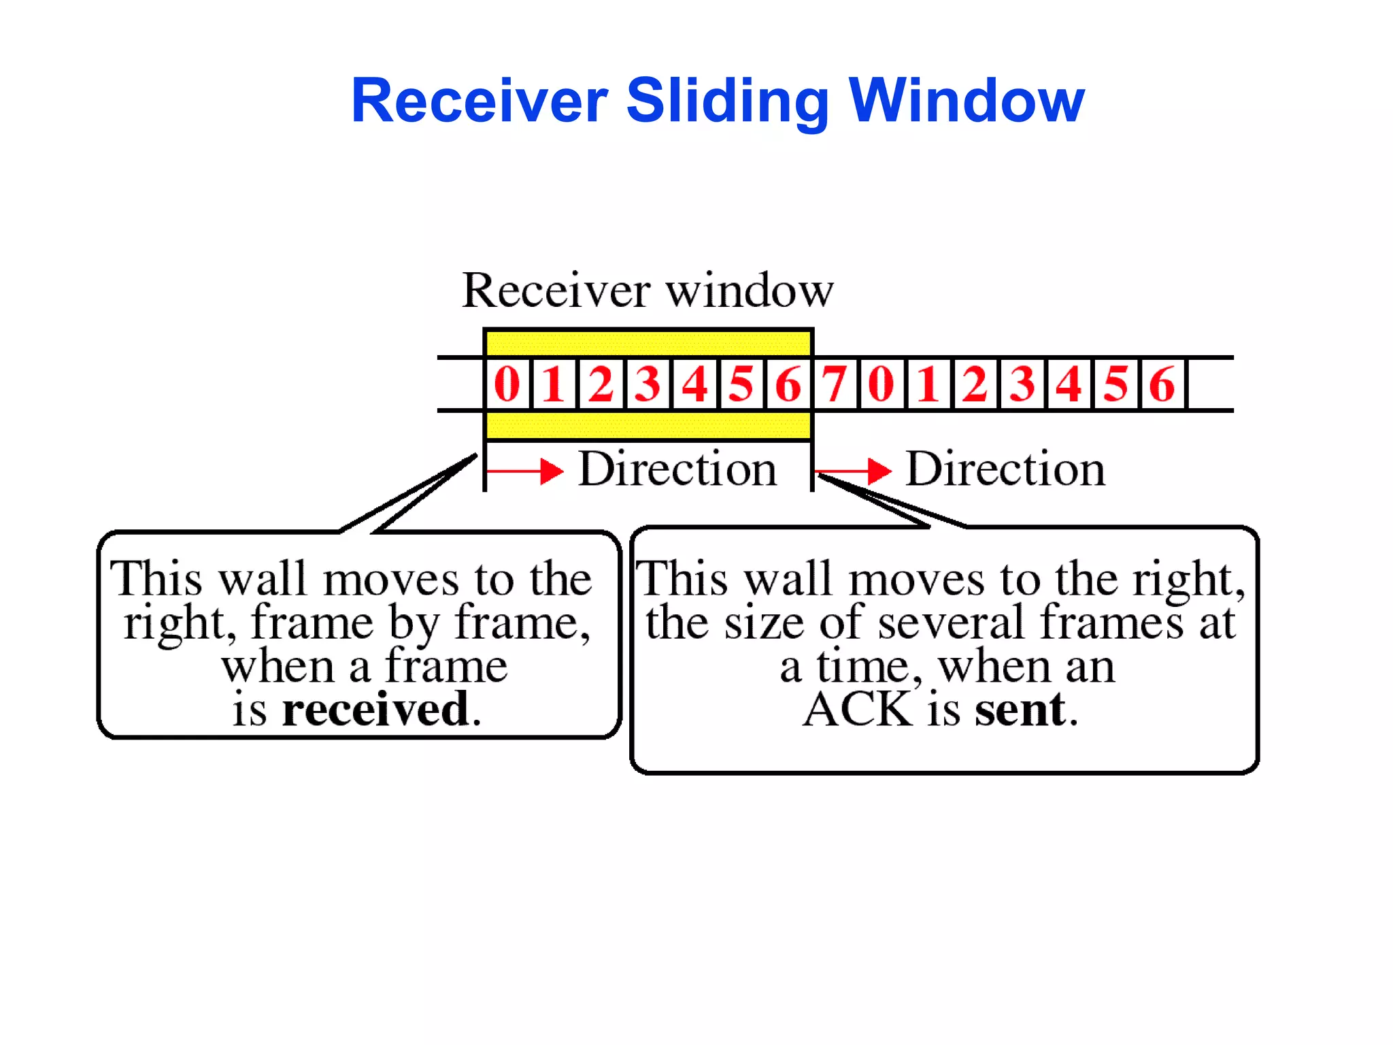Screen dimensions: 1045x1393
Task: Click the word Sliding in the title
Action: pos(726,101)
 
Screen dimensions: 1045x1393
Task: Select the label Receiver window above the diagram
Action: pos(648,291)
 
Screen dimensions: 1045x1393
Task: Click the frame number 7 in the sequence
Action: pos(835,384)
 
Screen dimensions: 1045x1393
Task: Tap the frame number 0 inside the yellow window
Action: pos(507,384)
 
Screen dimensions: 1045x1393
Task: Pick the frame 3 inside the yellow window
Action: pos(648,384)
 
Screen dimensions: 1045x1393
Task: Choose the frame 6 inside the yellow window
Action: pos(788,384)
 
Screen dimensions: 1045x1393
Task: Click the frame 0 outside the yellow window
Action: pos(882,384)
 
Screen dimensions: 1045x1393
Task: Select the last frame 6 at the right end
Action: pos(1162,384)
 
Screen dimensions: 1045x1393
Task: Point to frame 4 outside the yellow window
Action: pos(1069,384)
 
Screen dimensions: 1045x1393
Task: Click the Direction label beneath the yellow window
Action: pos(677,469)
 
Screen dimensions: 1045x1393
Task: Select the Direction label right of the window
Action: pos(1005,469)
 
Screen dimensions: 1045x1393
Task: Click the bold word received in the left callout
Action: pos(376,709)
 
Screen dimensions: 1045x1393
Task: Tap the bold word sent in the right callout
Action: pos(1020,709)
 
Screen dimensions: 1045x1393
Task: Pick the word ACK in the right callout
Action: pos(858,709)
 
